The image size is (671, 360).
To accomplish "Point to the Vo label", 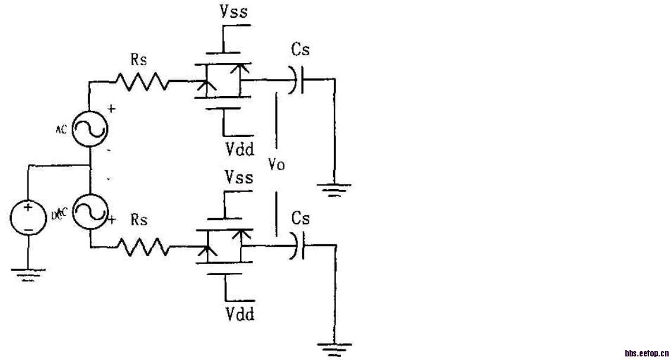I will tap(276, 165).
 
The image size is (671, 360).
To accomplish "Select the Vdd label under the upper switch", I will tap(239, 149).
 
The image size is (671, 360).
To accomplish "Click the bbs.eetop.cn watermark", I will tap(647, 353).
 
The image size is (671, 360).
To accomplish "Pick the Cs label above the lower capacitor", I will tap(301, 219).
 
